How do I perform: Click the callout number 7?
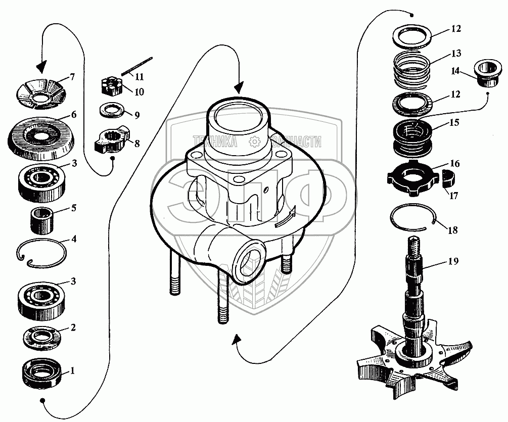pyautogui.click(x=72, y=77)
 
